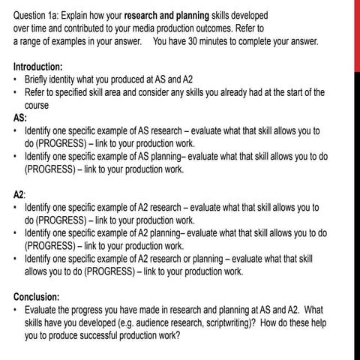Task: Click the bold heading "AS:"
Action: coord(22,117)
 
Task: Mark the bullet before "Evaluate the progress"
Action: coord(17,310)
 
